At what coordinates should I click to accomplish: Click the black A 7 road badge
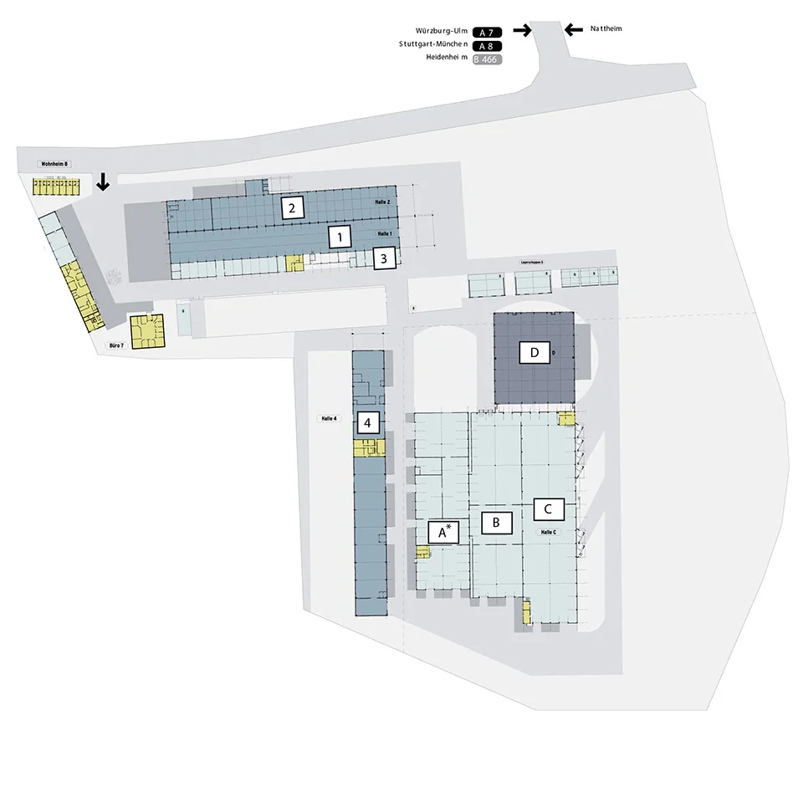click(487, 32)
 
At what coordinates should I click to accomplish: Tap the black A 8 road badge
click(487, 46)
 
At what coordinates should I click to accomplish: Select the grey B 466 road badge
click(487, 59)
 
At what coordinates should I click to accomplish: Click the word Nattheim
click(606, 28)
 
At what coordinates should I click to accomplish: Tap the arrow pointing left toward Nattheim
click(573, 30)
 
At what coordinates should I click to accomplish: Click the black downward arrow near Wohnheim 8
click(103, 181)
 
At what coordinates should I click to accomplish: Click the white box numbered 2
click(291, 207)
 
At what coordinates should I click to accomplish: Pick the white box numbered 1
click(339, 238)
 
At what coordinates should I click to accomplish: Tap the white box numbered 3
click(383, 258)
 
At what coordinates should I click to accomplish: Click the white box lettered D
click(534, 352)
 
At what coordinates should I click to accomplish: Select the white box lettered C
click(548, 508)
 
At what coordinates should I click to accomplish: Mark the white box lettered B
click(496, 523)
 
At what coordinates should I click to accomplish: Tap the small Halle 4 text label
click(330, 418)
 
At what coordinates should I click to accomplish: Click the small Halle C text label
click(549, 532)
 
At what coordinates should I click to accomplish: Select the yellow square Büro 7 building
click(148, 330)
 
